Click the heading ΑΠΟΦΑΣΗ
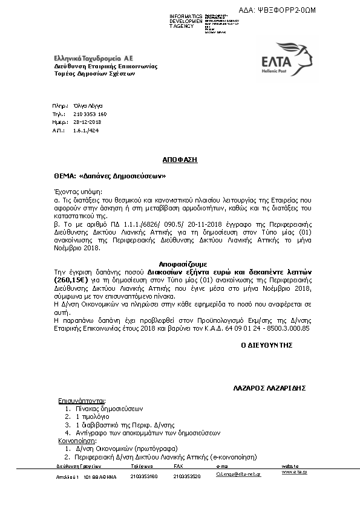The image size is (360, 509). [180, 160]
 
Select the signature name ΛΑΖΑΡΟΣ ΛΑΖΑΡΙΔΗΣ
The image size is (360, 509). [269, 386]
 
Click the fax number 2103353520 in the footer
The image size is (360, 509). [187, 476]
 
